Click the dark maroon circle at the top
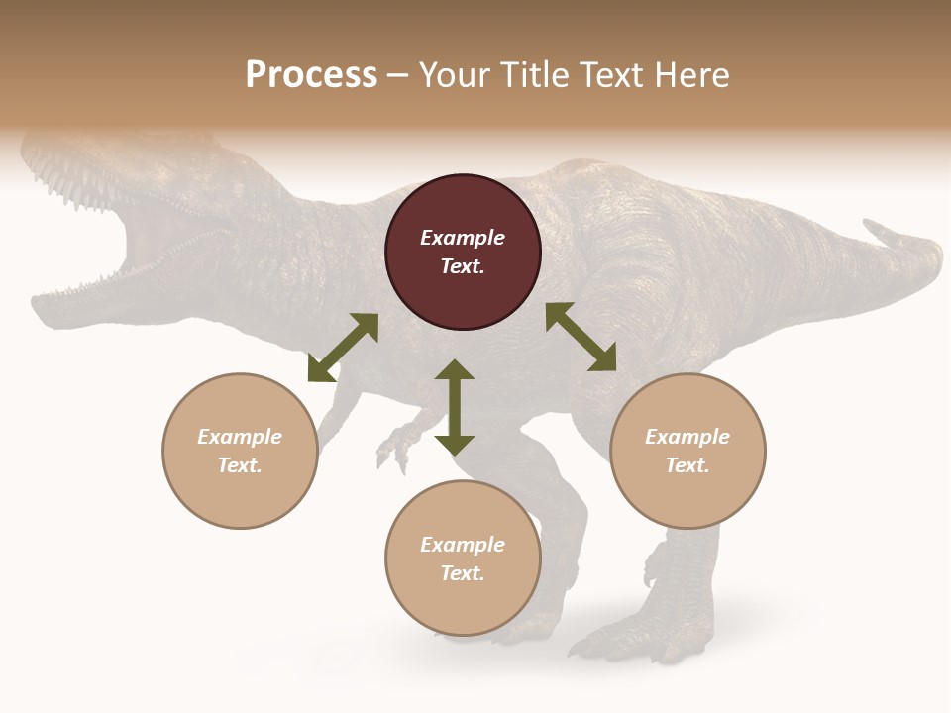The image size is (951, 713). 463,253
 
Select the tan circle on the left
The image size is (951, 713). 240,451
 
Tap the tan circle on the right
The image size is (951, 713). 687,451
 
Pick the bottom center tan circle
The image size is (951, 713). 463,558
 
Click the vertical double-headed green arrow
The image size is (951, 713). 455,407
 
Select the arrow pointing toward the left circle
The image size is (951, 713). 343,348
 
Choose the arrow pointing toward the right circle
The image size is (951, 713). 581,337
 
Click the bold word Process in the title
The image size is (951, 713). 311,74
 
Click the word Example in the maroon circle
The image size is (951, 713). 463,238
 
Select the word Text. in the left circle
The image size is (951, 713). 240,465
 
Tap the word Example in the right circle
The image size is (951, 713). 687,437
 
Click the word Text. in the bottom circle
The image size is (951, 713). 463,573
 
